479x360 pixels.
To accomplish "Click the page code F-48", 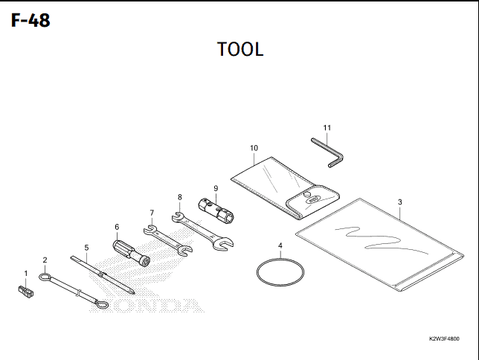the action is (30, 21).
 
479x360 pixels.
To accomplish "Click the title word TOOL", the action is (240, 49).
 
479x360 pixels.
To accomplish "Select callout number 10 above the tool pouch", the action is (254, 148).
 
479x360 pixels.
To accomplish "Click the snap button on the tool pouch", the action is (307, 193).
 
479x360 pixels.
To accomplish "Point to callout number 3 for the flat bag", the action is (400, 202).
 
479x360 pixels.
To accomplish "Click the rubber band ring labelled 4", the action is (280, 272).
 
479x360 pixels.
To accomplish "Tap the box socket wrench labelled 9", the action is (216, 211).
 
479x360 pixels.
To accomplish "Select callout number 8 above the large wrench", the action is (180, 197).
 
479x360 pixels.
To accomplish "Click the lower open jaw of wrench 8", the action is (224, 243).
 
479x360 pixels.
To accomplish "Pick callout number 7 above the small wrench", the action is (152, 213).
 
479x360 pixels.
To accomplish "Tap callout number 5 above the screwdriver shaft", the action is (86, 248).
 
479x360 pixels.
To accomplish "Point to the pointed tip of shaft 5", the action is (133, 294).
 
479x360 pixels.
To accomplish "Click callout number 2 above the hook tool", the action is (45, 260).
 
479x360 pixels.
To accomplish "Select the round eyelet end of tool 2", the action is (45, 277).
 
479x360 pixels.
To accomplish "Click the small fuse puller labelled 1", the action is (25, 292).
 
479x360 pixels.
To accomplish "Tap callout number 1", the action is (26, 274).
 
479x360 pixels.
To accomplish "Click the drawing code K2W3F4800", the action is (444, 338).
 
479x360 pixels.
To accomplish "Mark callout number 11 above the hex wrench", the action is (327, 128).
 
